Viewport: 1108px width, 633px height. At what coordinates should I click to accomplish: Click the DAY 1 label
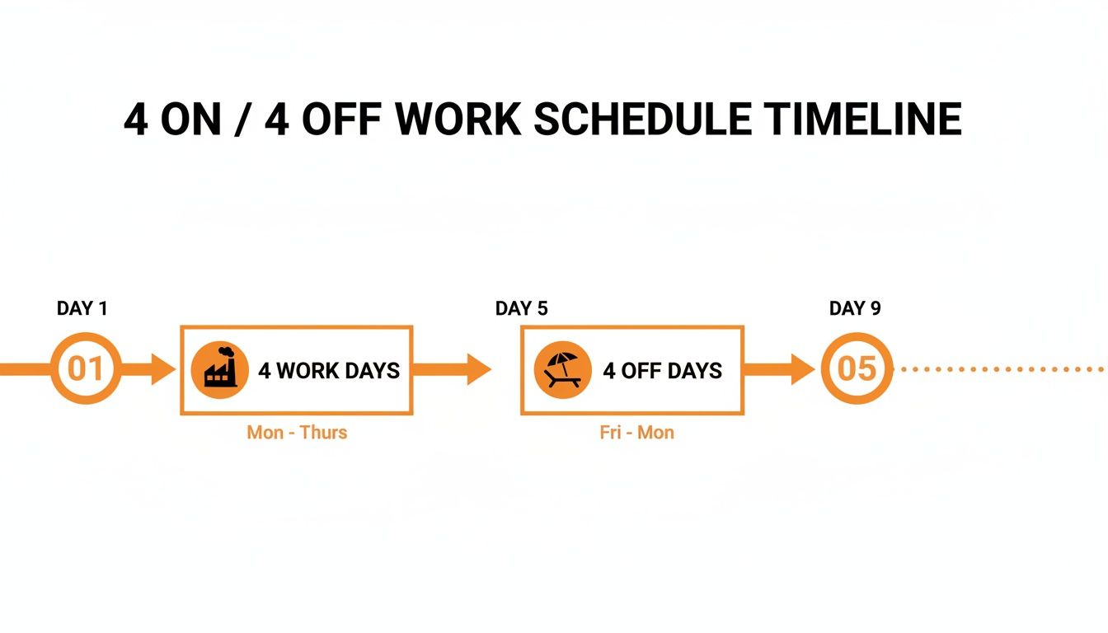click(82, 309)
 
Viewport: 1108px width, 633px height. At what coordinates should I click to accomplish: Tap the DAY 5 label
click(521, 309)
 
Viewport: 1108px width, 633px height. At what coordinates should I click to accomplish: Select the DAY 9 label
click(855, 309)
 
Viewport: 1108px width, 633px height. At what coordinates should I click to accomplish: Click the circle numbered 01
click(85, 369)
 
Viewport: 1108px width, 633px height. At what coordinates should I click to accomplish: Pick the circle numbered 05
click(857, 369)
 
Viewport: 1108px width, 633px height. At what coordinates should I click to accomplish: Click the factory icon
click(219, 369)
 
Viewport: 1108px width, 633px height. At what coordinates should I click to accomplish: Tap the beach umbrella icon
click(562, 370)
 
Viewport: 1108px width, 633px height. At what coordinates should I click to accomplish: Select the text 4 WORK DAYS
click(329, 371)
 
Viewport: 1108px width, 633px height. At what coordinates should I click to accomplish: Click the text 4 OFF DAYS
click(662, 371)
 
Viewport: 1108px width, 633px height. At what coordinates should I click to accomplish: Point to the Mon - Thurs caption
click(297, 433)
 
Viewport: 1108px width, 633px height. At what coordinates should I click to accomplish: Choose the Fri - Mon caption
click(636, 433)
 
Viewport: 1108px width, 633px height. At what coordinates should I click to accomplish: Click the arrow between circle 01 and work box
click(150, 369)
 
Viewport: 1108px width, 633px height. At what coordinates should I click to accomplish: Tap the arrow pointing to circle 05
click(779, 369)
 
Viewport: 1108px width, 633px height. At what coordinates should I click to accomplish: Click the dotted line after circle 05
click(998, 369)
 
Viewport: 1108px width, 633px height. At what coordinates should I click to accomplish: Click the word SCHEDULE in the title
click(642, 120)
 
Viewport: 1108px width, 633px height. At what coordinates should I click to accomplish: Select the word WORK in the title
click(457, 120)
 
